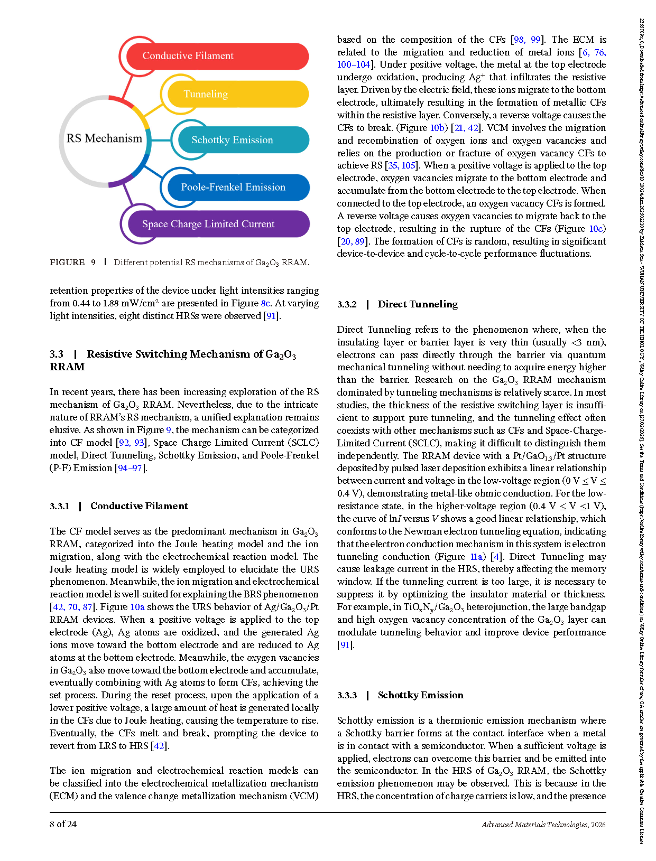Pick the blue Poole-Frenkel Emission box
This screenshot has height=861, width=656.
click(x=236, y=187)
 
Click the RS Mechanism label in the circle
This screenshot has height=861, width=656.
click(x=104, y=138)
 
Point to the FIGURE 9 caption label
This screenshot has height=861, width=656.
click(x=72, y=263)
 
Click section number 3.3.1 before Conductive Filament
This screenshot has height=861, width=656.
click(x=60, y=506)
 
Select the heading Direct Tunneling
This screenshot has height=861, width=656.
click(x=418, y=304)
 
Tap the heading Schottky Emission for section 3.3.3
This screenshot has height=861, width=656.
click(x=420, y=695)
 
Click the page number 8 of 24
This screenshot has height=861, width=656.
click(x=63, y=824)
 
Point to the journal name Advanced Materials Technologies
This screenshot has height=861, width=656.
click(x=534, y=825)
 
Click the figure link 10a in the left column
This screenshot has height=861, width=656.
click(x=137, y=607)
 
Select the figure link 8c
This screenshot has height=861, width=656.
click(x=265, y=303)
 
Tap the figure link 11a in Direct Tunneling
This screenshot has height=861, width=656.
click(x=476, y=557)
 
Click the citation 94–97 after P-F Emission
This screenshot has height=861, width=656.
click(x=130, y=468)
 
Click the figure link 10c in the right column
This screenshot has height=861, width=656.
click(x=596, y=229)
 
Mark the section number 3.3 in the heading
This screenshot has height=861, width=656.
click(x=57, y=354)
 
